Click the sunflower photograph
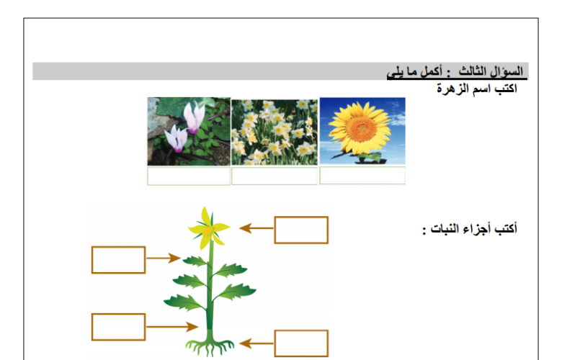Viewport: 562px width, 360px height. click(x=362, y=131)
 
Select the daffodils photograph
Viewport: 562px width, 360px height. click(x=275, y=132)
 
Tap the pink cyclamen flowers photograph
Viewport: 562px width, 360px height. click(x=189, y=132)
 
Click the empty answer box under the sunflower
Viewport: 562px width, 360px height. click(x=362, y=175)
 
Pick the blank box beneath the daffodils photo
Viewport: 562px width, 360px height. click(x=275, y=176)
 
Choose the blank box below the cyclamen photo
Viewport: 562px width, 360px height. click(x=189, y=176)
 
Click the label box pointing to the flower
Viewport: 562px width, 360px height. click(x=301, y=230)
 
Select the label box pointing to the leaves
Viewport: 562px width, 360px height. click(x=119, y=260)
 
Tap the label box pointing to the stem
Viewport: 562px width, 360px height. click(x=119, y=327)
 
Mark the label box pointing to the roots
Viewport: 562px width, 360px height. click(x=301, y=343)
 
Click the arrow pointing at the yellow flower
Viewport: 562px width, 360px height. click(x=257, y=228)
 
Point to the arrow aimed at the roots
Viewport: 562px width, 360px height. click(x=257, y=343)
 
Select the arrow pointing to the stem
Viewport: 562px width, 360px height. click(x=172, y=327)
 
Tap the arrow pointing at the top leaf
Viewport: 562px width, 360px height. click(x=164, y=258)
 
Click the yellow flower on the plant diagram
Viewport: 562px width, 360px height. click(x=209, y=228)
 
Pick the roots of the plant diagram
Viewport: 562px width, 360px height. click(x=210, y=346)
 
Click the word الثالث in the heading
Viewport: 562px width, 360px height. click(x=473, y=71)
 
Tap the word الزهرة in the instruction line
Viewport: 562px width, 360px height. click(x=452, y=88)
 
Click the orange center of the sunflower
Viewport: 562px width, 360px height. click(x=361, y=128)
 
